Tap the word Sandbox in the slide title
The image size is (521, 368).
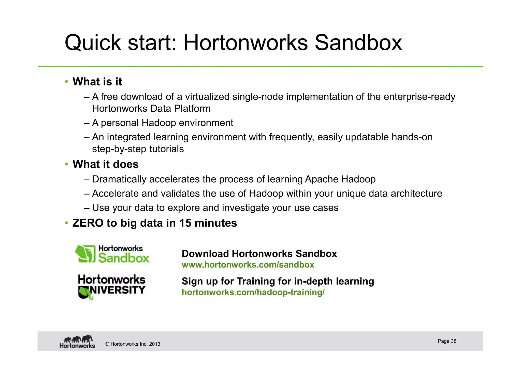[358, 43]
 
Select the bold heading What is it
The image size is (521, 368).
[97, 82]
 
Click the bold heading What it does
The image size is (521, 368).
[105, 164]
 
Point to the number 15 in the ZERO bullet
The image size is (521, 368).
[185, 223]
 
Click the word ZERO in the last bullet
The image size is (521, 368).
[88, 223]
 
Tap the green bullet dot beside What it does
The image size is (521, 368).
[66, 164]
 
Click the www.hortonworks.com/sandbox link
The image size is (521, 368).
[248, 265]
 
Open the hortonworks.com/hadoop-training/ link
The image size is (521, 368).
[253, 292]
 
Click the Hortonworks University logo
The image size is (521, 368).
[111, 286]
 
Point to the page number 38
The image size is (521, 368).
[453, 341]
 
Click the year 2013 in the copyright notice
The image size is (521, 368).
[154, 344]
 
